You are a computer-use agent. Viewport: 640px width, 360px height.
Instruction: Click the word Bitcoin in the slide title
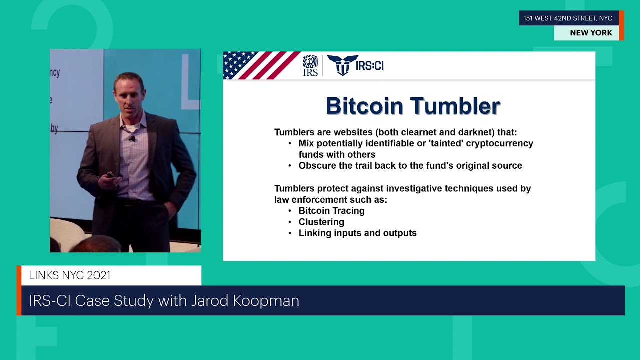click(364, 106)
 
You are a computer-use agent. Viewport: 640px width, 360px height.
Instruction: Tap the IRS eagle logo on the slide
click(310, 65)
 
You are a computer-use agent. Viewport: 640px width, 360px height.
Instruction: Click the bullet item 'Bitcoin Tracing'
click(331, 211)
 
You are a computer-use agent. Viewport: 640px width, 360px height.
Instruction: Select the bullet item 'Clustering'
click(321, 222)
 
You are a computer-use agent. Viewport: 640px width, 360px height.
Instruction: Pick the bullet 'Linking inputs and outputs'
click(357, 233)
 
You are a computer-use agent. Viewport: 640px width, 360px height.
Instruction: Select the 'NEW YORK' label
click(591, 33)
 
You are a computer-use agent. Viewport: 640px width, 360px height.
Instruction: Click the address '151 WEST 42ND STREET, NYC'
click(568, 18)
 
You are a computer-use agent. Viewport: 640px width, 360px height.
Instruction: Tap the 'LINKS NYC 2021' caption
click(69, 275)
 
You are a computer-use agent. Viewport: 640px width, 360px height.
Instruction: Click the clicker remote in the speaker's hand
click(110, 175)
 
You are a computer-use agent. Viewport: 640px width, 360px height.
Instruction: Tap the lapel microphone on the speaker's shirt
click(132, 138)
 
